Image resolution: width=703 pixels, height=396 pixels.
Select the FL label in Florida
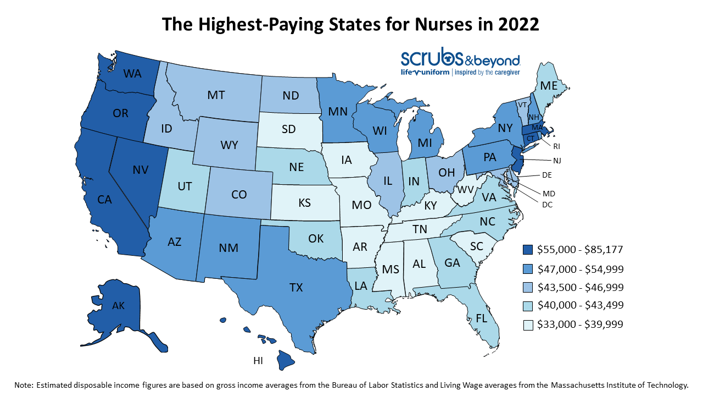(x=481, y=318)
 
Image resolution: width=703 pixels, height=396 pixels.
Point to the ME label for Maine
(x=549, y=86)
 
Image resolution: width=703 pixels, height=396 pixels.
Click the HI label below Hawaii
(x=259, y=360)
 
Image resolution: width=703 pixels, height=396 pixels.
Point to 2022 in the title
(x=516, y=24)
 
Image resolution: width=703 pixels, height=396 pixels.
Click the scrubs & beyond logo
(x=460, y=62)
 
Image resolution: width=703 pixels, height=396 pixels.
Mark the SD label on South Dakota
(x=289, y=129)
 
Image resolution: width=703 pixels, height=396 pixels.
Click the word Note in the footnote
(x=24, y=385)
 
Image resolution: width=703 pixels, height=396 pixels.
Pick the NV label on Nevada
(x=141, y=170)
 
